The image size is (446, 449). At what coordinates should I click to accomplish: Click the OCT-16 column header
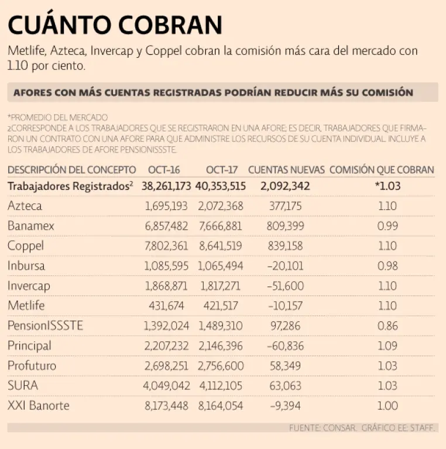164,170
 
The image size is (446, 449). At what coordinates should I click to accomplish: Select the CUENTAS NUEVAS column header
286,170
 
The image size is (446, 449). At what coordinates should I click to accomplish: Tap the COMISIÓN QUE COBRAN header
382,170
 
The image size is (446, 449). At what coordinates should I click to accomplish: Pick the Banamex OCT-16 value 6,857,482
168,226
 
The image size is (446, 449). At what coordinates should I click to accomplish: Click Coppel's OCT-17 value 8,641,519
221,246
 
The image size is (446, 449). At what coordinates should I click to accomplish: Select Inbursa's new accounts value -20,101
285,265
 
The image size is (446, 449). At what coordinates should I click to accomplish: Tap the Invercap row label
29,286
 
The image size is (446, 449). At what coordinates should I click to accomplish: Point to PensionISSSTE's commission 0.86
387,326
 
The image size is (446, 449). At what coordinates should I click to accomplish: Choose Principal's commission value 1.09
387,346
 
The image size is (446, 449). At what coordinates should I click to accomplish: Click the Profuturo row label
32,365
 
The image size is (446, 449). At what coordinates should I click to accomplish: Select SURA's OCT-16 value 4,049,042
168,385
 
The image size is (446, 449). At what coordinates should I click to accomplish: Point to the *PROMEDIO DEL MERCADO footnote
58,117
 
